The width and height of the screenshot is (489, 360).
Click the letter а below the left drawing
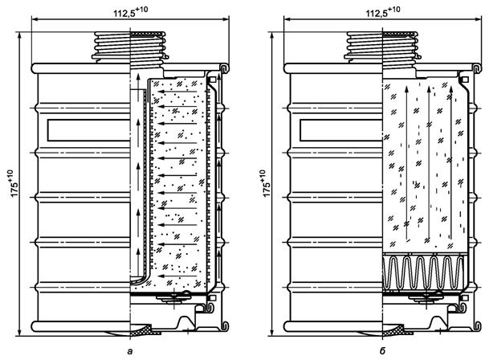[131, 351]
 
